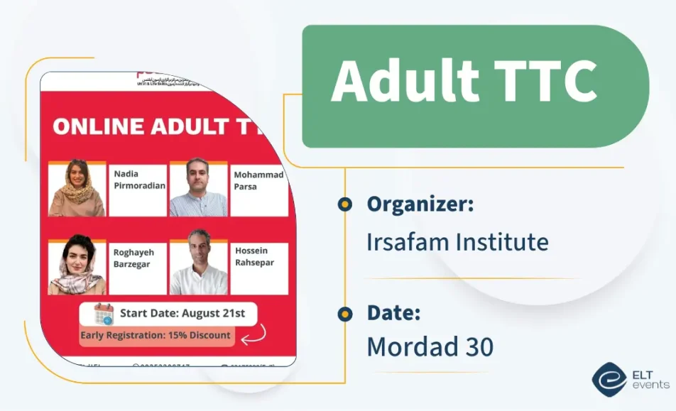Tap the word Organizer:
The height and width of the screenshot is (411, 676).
420,204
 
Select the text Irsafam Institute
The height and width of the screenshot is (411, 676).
457,242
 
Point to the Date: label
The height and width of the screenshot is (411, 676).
394,312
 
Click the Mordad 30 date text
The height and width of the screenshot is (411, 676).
430,347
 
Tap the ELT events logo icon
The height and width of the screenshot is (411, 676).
609,380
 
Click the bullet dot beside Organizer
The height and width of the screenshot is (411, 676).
345,205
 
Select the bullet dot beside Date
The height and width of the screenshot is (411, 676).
345,313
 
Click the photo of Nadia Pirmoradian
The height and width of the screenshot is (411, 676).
77,189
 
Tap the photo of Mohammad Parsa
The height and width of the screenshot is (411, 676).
198,189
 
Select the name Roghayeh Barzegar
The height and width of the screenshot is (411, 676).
133,258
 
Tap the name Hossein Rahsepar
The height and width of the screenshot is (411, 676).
253,256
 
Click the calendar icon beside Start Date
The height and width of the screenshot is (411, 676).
104,313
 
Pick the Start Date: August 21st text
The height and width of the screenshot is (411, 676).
182,312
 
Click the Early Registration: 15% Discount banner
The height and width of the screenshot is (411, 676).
156,335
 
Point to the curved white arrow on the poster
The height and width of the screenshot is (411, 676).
254,334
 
